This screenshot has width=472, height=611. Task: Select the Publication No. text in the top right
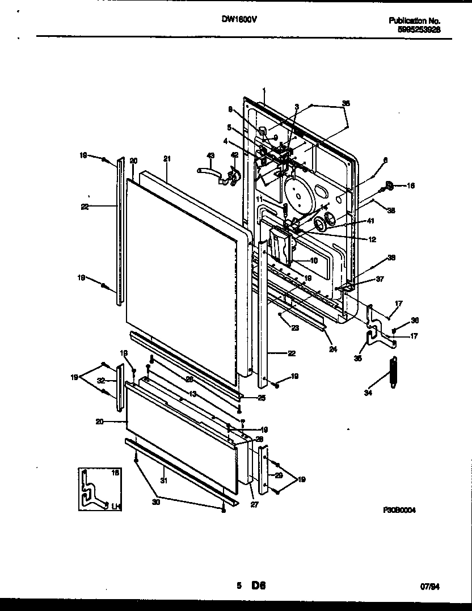pyautogui.click(x=414, y=20)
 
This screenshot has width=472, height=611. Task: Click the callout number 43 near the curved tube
pyautogui.click(x=210, y=155)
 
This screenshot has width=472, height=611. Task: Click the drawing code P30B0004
pyautogui.click(x=400, y=511)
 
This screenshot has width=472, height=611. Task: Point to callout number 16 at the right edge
pyautogui.click(x=411, y=185)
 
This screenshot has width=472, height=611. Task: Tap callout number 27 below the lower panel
pyautogui.click(x=254, y=504)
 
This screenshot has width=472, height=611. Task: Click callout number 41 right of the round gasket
pyautogui.click(x=372, y=221)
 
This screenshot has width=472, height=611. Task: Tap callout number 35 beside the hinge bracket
pyautogui.click(x=357, y=358)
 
